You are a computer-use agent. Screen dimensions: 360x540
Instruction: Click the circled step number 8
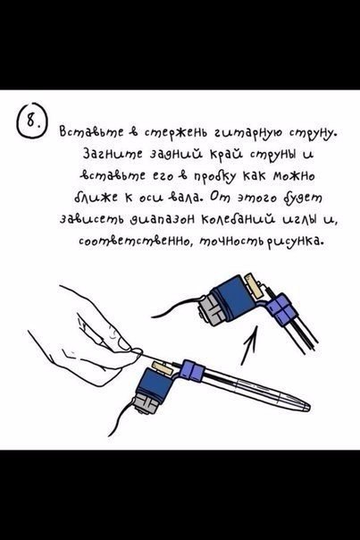coord(30,122)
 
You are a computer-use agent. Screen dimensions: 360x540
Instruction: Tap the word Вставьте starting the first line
coord(91,131)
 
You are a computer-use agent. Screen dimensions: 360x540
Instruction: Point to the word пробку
coord(215,177)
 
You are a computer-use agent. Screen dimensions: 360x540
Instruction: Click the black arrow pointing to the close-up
coord(250,345)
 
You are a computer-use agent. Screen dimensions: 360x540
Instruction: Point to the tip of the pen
coord(308,408)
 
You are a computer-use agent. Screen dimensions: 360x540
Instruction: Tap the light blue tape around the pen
coord(194,371)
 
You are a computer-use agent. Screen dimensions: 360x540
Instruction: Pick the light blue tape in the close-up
coord(280,309)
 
